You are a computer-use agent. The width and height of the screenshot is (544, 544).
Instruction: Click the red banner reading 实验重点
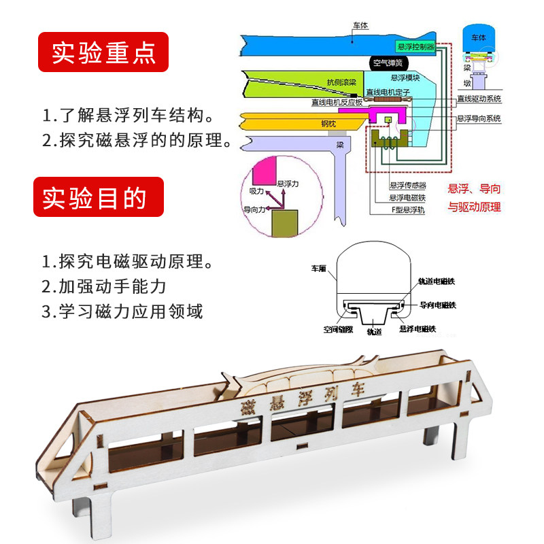[102, 52]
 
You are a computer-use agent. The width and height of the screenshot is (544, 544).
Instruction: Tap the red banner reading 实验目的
[99, 197]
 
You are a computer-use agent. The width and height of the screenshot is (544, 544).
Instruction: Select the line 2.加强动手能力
[104, 286]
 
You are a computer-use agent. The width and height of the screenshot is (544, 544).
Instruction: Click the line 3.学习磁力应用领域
[122, 311]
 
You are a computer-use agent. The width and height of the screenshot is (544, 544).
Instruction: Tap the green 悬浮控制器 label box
[415, 46]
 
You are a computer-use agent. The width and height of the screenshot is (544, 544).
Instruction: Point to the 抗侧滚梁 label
[341, 82]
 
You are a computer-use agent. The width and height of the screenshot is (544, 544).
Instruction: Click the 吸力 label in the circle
[257, 191]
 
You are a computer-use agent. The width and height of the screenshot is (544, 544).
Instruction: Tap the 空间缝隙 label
[337, 330]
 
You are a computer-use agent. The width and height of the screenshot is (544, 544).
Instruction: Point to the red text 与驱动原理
[474, 207]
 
